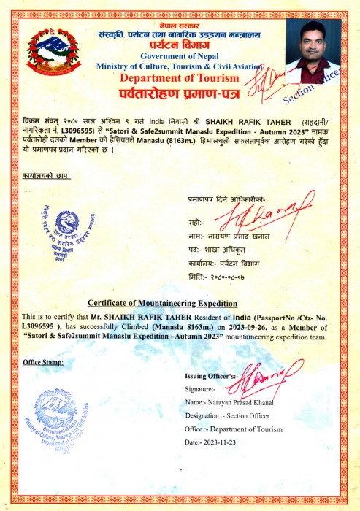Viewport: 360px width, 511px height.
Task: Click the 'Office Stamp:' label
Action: (x=43, y=362)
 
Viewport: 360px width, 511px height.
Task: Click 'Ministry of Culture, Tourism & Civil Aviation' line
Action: (x=179, y=66)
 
